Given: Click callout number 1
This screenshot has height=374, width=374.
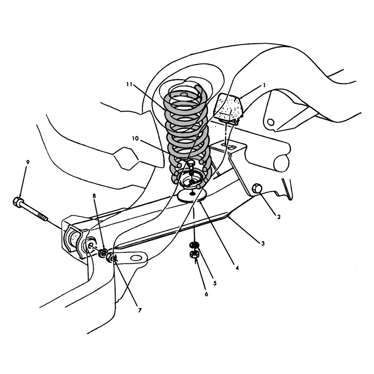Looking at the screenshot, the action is pyautogui.click(x=264, y=85).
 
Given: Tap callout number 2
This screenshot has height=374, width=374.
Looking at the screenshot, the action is pyautogui.click(x=278, y=217).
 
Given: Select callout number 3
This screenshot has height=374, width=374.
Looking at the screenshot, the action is pyautogui.click(x=263, y=243).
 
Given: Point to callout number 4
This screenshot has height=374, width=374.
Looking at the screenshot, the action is pyautogui.click(x=237, y=268).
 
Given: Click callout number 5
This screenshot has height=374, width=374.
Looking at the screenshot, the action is pyautogui.click(x=215, y=283).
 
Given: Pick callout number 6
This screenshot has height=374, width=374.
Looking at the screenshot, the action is pyautogui.click(x=206, y=294).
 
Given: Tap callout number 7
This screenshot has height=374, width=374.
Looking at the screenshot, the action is pyautogui.click(x=140, y=310).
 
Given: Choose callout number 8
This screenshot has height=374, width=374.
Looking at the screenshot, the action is pyautogui.click(x=94, y=196).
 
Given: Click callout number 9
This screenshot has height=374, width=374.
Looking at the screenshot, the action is pyautogui.click(x=28, y=162).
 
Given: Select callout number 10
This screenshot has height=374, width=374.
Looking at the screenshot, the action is pyautogui.click(x=135, y=138).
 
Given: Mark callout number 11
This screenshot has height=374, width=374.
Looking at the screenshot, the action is pyautogui.click(x=129, y=84).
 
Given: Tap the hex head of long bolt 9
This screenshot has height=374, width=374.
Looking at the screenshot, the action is pyautogui.click(x=17, y=202).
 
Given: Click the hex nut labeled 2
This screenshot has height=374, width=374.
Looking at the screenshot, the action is pyautogui.click(x=257, y=188).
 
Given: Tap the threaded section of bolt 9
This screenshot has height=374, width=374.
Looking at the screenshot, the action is pyautogui.click(x=43, y=217).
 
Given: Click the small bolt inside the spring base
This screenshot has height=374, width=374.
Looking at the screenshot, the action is pyautogui.click(x=191, y=172).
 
